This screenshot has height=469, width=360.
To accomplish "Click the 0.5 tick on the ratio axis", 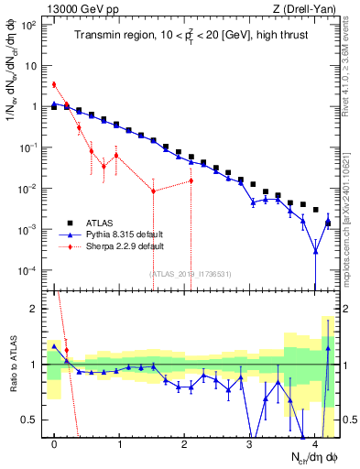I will tap(32, 420).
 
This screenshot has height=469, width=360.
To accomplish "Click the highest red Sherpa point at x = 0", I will tap(54, 84).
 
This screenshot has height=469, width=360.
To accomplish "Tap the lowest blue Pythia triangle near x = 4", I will tap(315, 250).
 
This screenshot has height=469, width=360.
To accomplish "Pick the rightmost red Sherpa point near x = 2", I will tap(191, 180).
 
